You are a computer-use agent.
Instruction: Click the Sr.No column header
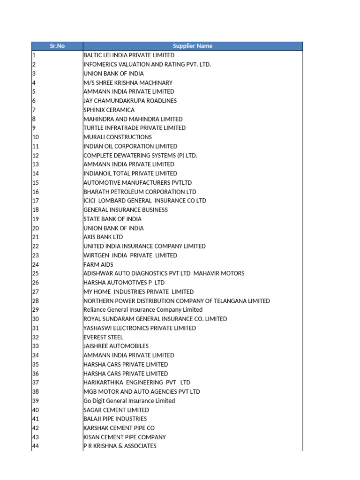[x=57, y=46]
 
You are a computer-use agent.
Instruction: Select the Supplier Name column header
[x=192, y=46]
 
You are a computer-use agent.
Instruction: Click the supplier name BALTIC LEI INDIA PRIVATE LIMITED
[x=129, y=55]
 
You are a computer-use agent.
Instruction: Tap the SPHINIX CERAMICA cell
[x=109, y=110]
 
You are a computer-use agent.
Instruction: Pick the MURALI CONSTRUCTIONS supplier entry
[x=118, y=137]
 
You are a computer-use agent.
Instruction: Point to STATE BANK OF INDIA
[x=112, y=219]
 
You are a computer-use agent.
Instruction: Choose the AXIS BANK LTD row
[x=103, y=237]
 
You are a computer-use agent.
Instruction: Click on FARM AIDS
[x=98, y=264]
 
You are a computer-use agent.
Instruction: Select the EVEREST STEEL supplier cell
[x=103, y=337]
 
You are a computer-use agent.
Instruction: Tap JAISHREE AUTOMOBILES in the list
[x=116, y=346]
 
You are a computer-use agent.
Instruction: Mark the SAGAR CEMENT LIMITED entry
[x=116, y=410]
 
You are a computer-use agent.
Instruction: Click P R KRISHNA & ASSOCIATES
[x=120, y=446]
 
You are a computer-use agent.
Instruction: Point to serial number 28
[x=36, y=301]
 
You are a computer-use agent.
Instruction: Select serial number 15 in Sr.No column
[x=36, y=183]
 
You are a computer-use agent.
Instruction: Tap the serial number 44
[x=36, y=446]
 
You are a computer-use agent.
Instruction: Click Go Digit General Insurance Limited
[x=129, y=401]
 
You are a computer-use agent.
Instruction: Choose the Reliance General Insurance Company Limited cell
[x=143, y=310]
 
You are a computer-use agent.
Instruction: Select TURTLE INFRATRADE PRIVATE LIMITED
[x=135, y=128]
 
